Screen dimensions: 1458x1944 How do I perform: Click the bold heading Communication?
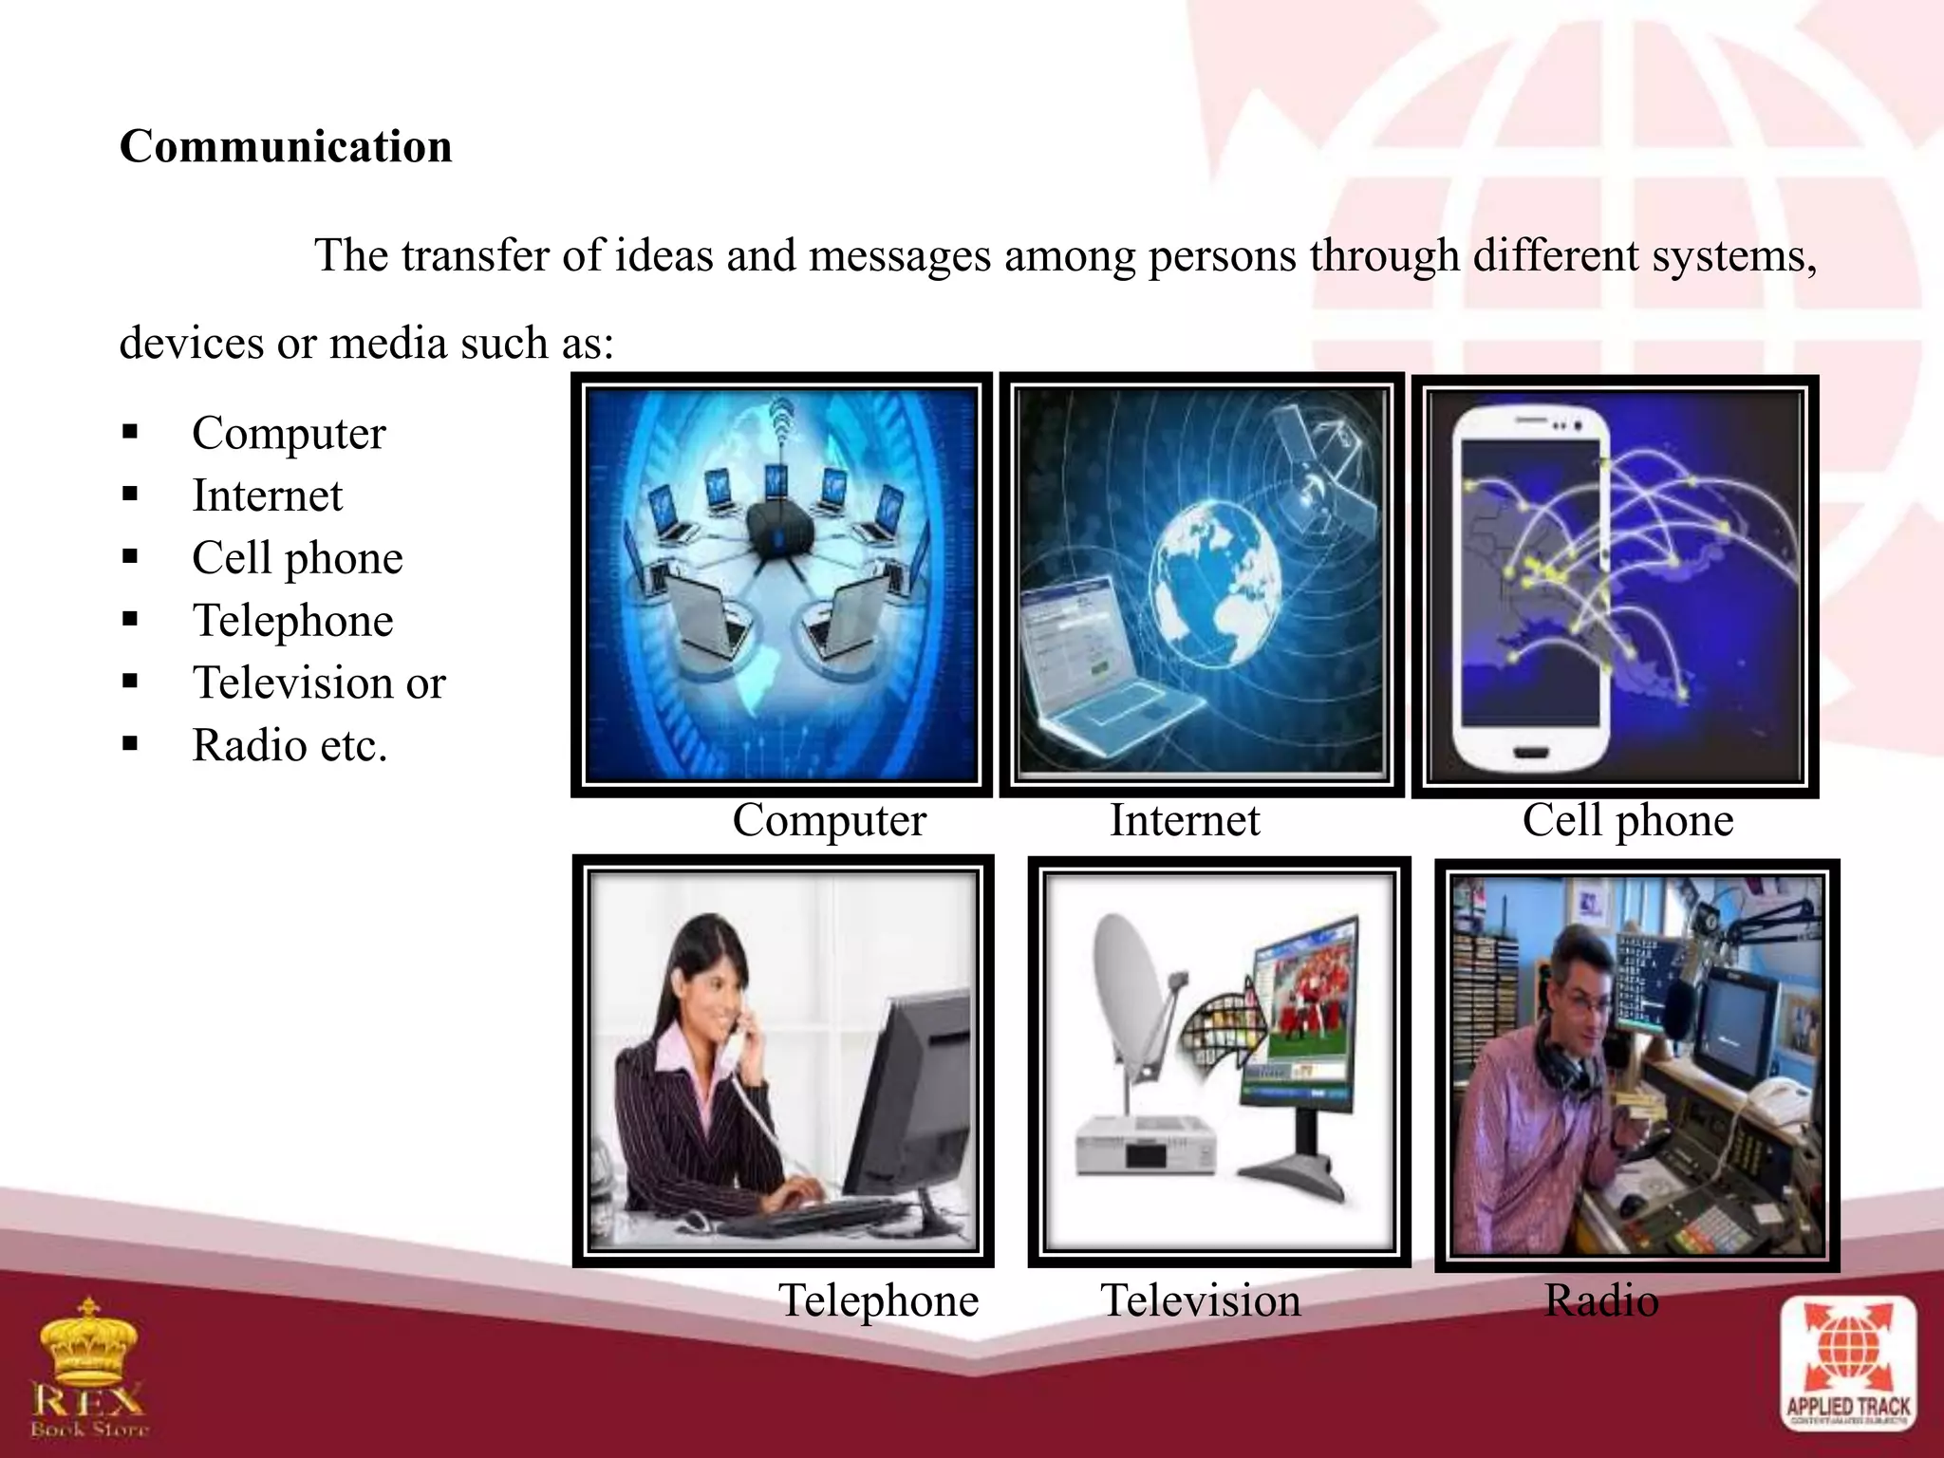pyautogui.click(x=286, y=147)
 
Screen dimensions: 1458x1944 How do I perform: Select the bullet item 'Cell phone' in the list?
pyautogui.click(x=297, y=558)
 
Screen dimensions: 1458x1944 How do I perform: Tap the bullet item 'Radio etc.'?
pyautogui.click(x=290, y=746)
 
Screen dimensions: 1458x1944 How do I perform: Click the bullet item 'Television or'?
pyautogui.click(x=319, y=683)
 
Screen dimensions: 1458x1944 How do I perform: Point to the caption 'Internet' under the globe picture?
pyautogui.click(x=1185, y=820)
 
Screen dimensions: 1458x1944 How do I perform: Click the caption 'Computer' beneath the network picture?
pyautogui.click(x=829, y=820)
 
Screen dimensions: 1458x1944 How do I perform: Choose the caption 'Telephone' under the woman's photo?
pyautogui.click(x=878, y=1300)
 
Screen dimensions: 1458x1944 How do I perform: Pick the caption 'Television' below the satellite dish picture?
pyautogui.click(x=1200, y=1300)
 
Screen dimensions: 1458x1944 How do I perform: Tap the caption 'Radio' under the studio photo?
pyautogui.click(x=1601, y=1300)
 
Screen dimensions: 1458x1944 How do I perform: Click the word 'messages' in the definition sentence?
pyautogui.click(x=899, y=256)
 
